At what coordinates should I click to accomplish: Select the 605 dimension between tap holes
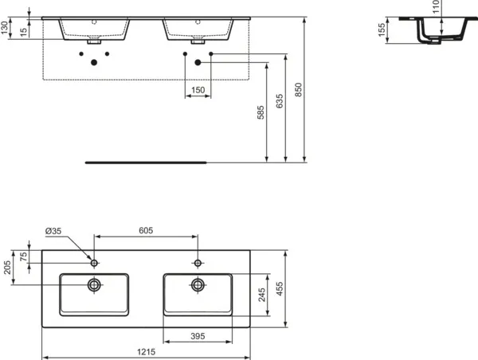click(146, 230)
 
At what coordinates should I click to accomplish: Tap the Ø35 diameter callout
click(53, 231)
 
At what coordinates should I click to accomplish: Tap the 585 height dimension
click(261, 114)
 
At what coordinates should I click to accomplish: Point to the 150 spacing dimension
click(198, 90)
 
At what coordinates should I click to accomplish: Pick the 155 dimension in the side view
click(382, 31)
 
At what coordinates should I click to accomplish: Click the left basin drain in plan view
click(95, 284)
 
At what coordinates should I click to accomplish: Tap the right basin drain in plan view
click(197, 284)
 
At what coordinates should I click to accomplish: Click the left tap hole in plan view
click(95, 262)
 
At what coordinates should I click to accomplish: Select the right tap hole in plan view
click(197, 262)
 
